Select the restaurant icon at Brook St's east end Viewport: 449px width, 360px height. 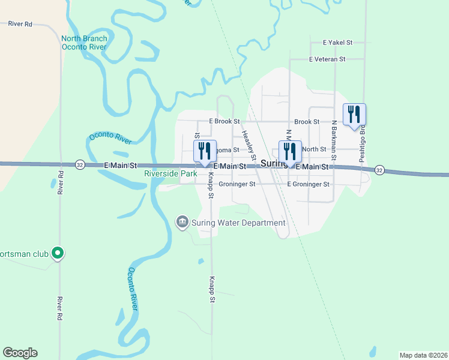[354, 113]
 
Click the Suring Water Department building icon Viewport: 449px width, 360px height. [182, 223]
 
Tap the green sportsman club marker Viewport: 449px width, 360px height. [58, 254]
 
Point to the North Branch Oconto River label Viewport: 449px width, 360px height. [84, 43]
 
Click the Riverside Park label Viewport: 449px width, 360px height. [170, 173]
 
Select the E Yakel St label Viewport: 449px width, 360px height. [337, 43]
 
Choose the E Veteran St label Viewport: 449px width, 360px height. [327, 59]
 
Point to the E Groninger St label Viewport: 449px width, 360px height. [309, 184]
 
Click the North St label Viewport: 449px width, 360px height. [314, 149]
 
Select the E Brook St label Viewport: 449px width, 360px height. [224, 121]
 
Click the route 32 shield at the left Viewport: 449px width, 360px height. [80, 164]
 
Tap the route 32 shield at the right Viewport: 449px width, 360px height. [379, 170]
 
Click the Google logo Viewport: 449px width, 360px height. [20, 353]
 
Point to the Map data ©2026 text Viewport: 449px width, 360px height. [423, 355]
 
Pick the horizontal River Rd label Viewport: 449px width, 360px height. [20, 25]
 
